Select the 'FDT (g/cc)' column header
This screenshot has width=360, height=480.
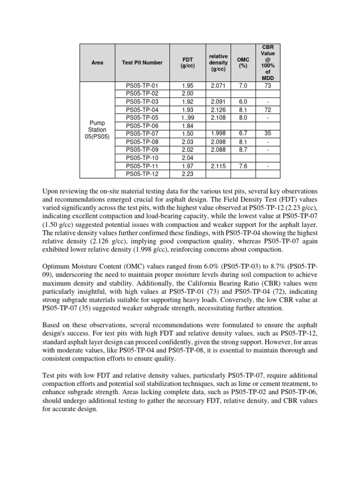click(x=187, y=62)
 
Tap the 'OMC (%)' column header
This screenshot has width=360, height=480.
click(x=243, y=62)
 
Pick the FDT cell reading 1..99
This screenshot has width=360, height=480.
click(x=187, y=118)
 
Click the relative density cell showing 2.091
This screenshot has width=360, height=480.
click(x=219, y=101)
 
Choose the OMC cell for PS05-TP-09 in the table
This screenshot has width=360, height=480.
click(x=243, y=150)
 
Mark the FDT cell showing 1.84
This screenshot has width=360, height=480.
click(x=187, y=126)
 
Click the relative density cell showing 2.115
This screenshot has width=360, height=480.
click(x=219, y=166)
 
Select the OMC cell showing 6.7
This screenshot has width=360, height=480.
click(x=243, y=134)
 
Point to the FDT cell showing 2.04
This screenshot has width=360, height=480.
click(x=187, y=158)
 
